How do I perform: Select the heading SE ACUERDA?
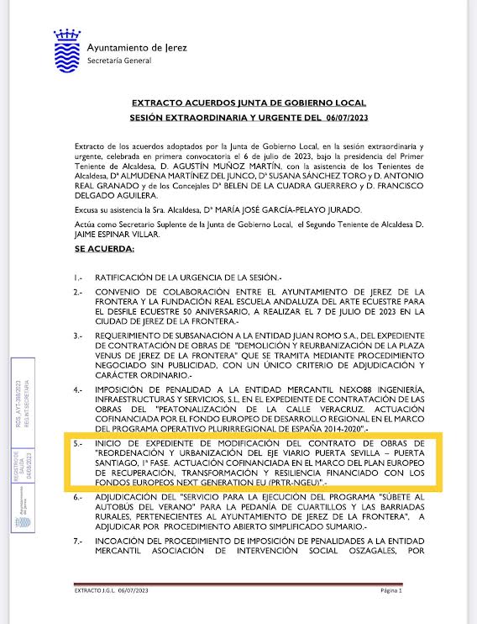(x=104, y=226)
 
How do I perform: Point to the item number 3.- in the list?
(x=78, y=334)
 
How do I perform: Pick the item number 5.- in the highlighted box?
(x=78, y=443)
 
